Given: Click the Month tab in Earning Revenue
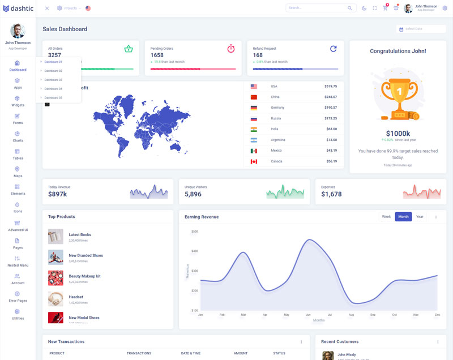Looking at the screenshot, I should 403,217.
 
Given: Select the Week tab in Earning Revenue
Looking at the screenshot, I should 386,217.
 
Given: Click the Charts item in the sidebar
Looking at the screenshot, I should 18,136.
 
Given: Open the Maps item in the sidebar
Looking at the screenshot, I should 18,172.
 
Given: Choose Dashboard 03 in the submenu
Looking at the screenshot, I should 53,80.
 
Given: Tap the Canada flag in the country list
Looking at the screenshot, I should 254,161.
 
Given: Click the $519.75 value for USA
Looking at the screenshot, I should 331,87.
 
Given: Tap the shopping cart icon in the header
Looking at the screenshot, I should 385,8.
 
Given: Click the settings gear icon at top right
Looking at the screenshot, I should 445,8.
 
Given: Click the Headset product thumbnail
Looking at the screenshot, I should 55,299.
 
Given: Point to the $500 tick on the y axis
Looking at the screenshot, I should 194,232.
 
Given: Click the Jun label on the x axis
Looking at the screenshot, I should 308,315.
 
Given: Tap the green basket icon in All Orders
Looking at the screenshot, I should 129,49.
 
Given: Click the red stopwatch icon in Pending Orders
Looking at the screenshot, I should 231,49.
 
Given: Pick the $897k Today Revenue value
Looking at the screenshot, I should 57,194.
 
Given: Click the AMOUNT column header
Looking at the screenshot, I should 241,353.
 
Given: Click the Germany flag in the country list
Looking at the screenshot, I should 254,108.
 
